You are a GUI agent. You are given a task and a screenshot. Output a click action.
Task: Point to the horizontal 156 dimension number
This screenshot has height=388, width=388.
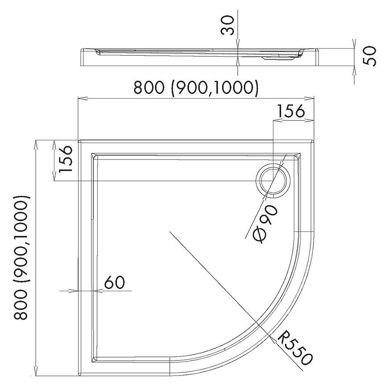tap(290, 111)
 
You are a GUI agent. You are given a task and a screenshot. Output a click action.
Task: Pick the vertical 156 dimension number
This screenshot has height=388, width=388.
tap(65, 159)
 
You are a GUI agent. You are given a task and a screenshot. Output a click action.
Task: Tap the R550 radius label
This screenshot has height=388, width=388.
tap(295, 349)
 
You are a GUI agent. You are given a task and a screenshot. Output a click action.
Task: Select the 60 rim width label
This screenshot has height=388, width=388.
tap(114, 282)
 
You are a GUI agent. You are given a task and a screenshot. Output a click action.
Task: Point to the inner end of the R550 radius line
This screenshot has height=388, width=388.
tap(170, 231)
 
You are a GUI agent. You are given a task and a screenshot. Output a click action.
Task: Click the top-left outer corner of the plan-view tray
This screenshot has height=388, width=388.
tap(78, 140)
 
